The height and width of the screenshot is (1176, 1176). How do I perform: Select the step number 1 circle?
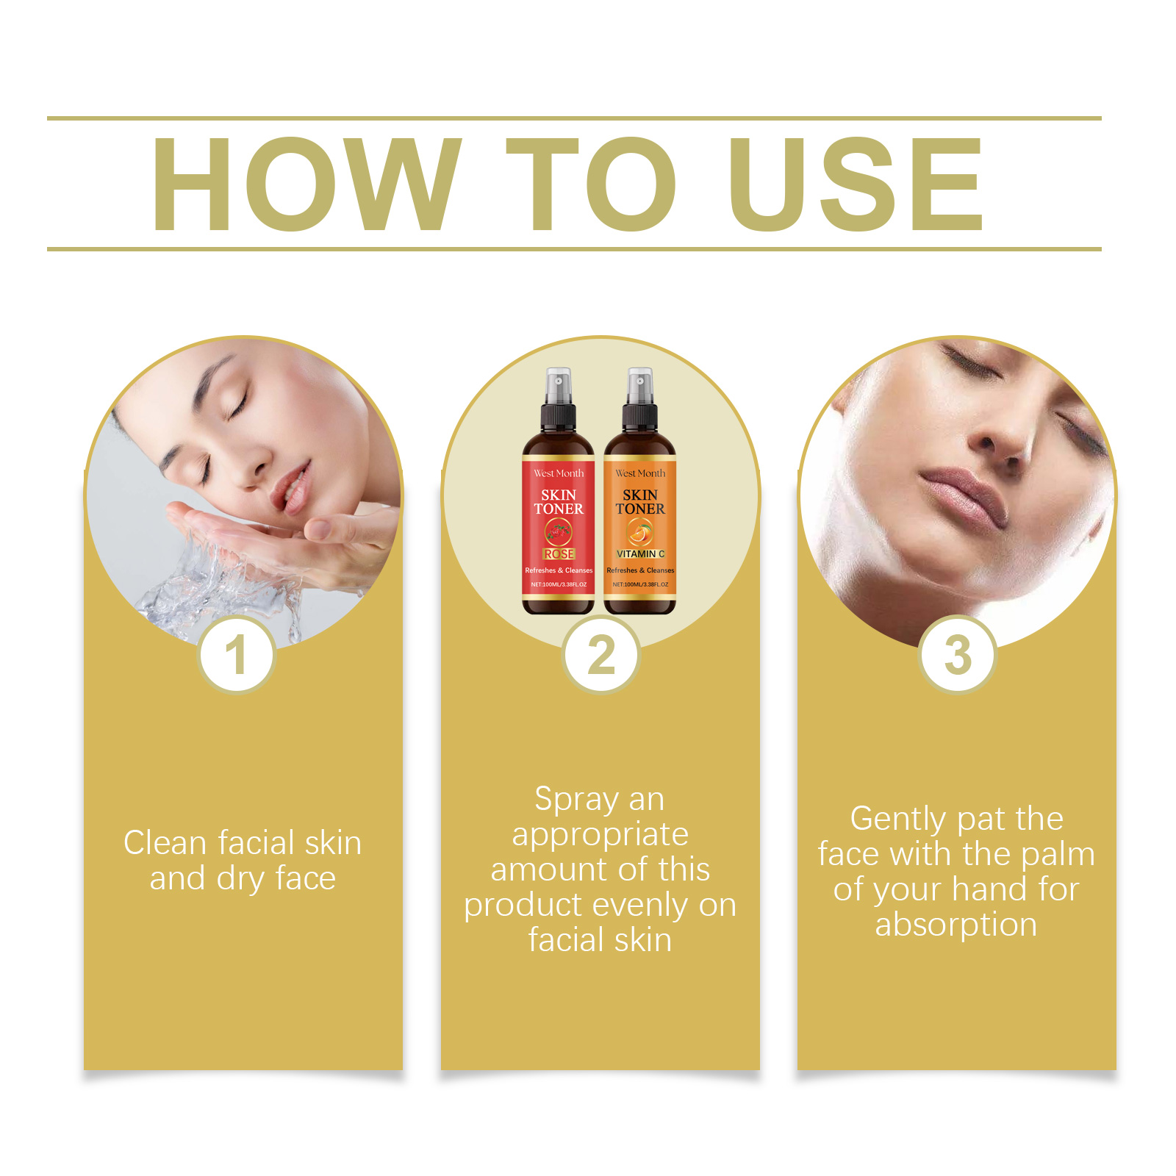[x=236, y=655]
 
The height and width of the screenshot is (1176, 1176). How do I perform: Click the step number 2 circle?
[x=600, y=655]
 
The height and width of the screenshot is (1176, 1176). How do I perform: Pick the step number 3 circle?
[x=958, y=655]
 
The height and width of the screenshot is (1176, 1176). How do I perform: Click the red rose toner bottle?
[x=558, y=514]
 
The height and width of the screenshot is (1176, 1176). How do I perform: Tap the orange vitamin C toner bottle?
[x=640, y=514]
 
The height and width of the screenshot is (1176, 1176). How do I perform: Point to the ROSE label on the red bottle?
[x=559, y=554]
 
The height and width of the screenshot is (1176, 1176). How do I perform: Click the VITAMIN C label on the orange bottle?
[x=640, y=554]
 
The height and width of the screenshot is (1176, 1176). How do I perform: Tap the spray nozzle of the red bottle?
[x=559, y=381]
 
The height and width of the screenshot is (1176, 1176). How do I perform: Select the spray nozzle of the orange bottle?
[x=640, y=381]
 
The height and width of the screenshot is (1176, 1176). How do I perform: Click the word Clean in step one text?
[x=165, y=843]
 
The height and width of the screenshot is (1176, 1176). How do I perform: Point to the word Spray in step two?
[x=576, y=800]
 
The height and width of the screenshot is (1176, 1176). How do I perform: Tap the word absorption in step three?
[x=955, y=925]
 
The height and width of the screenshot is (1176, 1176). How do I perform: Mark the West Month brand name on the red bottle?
[x=559, y=473]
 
